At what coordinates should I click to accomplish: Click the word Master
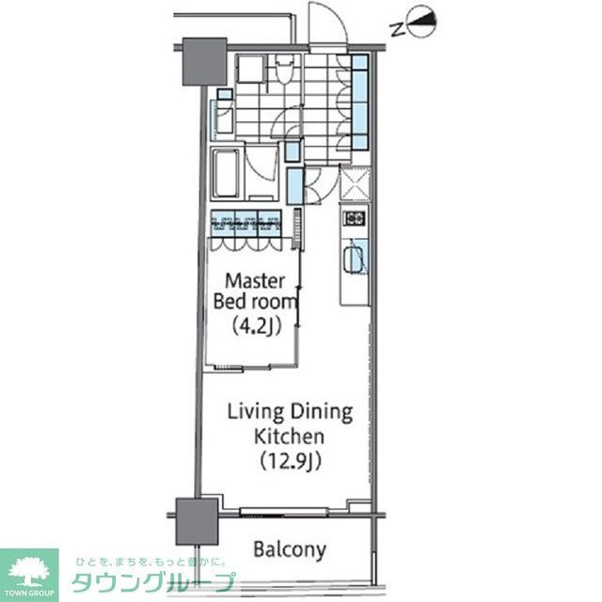[251, 280]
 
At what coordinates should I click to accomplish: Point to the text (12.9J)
[290, 461]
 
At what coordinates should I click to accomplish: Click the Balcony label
[290, 549]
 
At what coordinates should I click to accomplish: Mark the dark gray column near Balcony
[197, 517]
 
